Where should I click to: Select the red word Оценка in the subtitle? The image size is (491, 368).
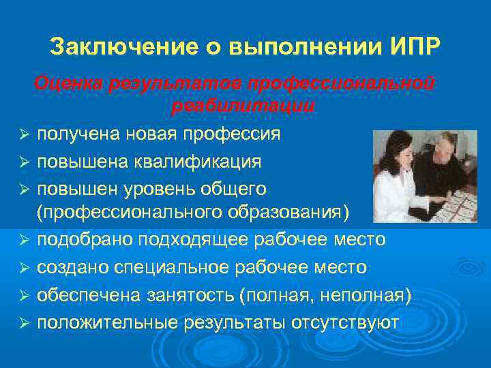coord(67,84)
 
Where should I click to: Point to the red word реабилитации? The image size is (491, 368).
coord(243,107)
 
